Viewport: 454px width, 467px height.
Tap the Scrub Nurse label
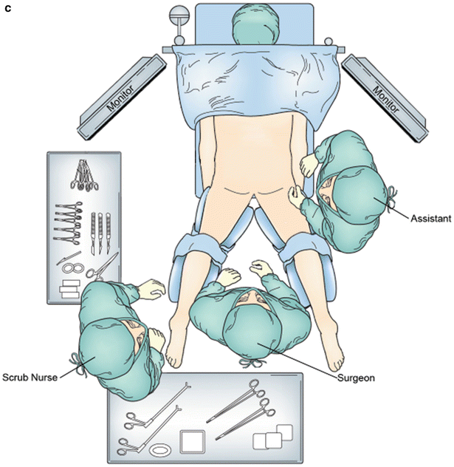coord(29,375)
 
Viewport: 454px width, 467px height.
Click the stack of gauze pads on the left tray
coord(69,287)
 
